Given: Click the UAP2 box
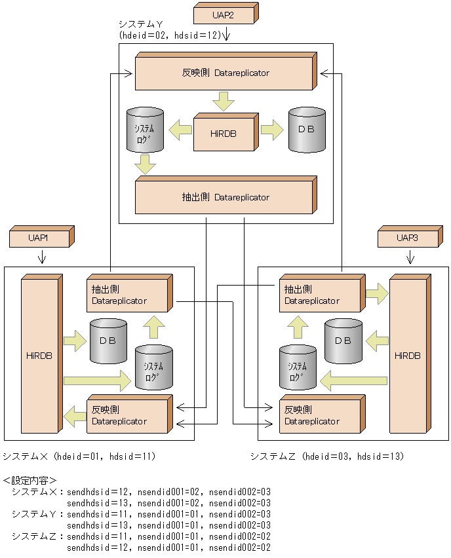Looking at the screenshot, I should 223,14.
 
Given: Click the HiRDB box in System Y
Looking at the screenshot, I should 223,133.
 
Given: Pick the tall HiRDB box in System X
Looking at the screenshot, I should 40,356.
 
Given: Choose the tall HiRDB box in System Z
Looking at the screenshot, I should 408,356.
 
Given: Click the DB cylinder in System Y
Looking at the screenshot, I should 306,130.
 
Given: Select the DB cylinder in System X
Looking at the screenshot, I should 108,341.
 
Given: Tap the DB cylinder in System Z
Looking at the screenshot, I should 343,341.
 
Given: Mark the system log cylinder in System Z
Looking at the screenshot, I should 298,368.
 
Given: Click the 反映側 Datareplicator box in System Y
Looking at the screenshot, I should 223,73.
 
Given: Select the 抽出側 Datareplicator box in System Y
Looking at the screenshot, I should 223,197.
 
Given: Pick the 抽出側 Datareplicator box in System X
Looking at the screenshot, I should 127,295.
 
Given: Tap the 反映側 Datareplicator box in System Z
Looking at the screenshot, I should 320,415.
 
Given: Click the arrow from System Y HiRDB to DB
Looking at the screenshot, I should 271,130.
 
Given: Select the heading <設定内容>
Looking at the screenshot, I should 30,479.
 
